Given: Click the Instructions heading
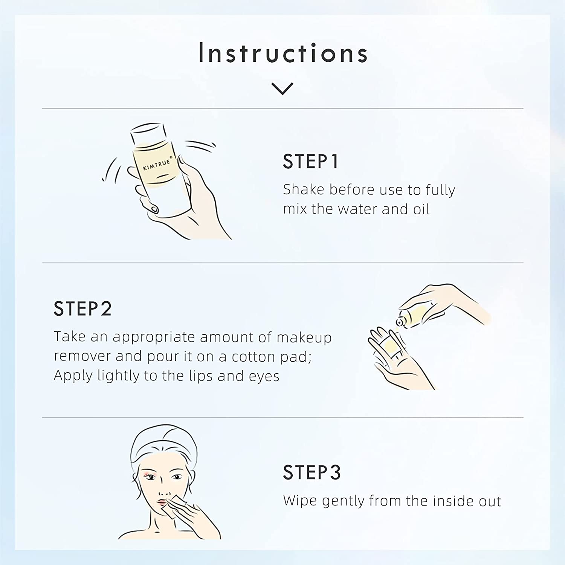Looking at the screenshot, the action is coord(283,53).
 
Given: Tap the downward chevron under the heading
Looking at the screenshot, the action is coord(282,89).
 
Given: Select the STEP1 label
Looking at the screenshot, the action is coord(311,161).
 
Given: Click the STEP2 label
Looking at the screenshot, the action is coord(82,308).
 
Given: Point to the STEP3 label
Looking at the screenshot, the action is coord(312,472).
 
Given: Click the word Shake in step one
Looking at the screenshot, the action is coord(304,189).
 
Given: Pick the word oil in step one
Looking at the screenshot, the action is coord(421,209).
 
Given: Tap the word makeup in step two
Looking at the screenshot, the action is coord(304,337).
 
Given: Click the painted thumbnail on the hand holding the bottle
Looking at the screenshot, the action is coord(154,208).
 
